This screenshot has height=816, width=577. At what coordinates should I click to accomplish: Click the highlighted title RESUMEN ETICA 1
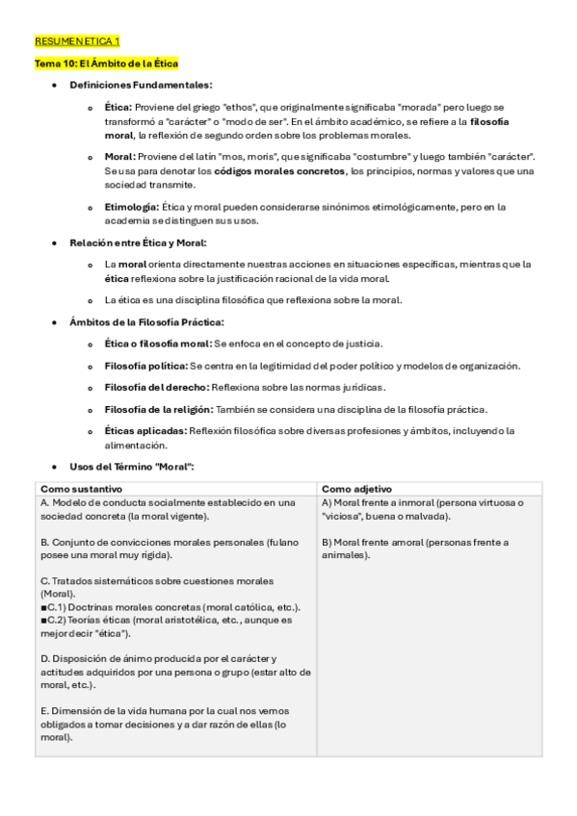77,43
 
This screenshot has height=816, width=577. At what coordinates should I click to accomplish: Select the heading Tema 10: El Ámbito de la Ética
99,64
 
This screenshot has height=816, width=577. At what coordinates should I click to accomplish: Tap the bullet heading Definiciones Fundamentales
141,86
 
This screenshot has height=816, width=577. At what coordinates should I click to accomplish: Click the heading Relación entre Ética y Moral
138,242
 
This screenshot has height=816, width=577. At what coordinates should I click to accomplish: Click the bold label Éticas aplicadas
146,431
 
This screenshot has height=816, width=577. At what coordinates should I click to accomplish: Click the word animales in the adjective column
345,555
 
